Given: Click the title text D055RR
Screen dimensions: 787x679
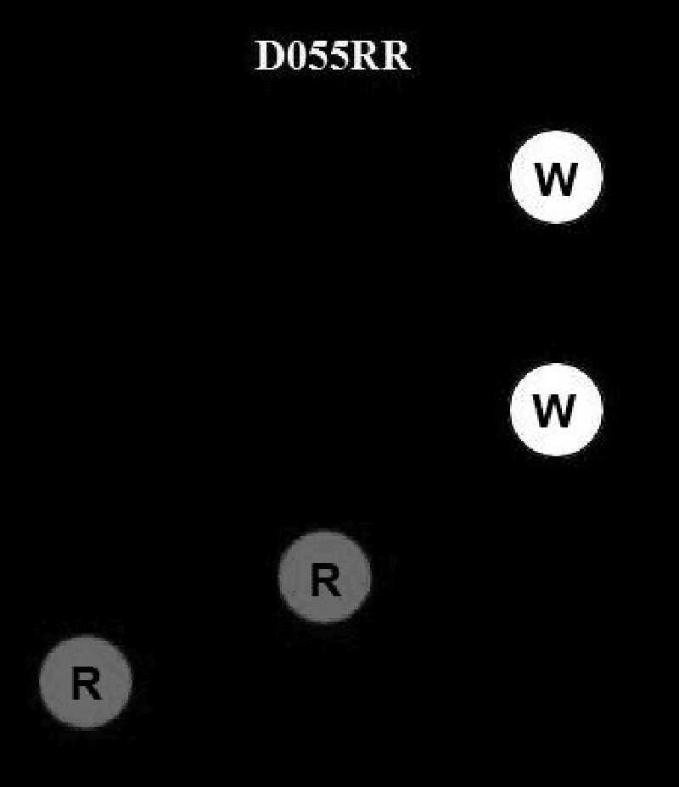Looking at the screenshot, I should tap(333, 57).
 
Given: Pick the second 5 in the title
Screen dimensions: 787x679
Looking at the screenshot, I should tap(339, 57).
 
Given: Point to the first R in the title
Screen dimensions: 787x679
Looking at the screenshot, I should tap(365, 57).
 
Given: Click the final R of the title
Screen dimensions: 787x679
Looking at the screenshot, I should tap(396, 57).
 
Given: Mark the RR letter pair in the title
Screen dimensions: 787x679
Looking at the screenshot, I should tap(380, 57).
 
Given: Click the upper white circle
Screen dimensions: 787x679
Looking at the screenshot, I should tap(556, 176).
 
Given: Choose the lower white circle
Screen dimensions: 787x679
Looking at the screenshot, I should tap(556, 410).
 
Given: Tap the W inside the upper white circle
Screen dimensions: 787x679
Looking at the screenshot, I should tap(556, 178).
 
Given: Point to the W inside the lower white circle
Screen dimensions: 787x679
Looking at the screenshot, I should tap(556, 411).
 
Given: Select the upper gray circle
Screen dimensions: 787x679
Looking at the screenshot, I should tap(324, 577).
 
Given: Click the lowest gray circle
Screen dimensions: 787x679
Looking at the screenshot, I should tap(86, 682).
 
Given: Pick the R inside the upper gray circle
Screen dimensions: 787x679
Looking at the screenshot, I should tap(325, 581).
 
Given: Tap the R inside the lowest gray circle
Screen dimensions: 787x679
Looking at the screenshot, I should tap(86, 684).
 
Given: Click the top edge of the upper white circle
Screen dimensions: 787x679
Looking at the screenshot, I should tap(556, 131).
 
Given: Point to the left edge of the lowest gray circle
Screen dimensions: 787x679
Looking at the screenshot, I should tap(41, 682).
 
